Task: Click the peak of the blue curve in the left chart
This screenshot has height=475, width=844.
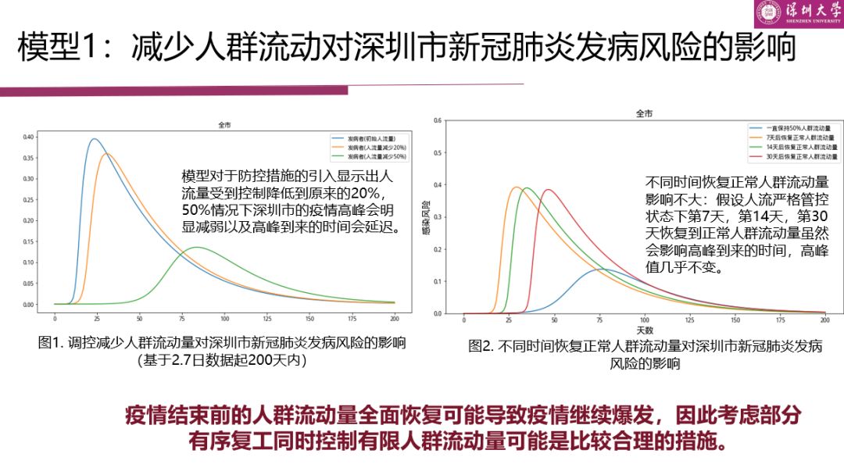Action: [95, 139]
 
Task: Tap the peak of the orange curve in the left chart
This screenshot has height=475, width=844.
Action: [108, 153]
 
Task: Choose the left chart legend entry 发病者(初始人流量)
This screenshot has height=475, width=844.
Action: [371, 137]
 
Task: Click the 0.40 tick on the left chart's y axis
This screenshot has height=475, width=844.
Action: [28, 137]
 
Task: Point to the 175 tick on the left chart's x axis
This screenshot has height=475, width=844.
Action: [352, 319]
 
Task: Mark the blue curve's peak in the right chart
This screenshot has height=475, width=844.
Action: [604, 270]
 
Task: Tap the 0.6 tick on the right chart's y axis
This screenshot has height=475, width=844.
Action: [438, 120]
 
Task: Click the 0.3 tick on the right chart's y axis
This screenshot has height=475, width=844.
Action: [438, 217]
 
